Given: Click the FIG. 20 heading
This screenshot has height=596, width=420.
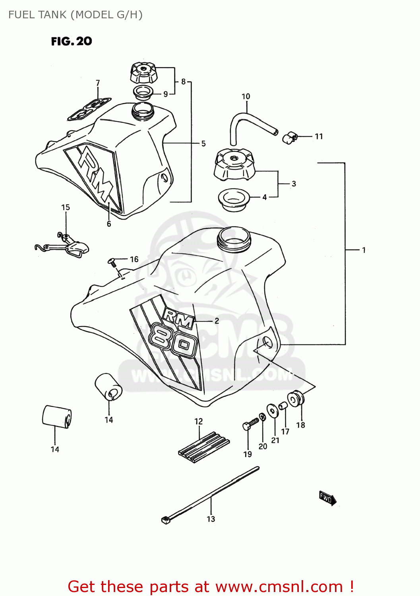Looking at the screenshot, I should coord(72,41).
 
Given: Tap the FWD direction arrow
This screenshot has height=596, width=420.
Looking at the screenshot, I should coord(327,498).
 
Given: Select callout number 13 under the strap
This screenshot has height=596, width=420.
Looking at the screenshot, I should coord(211,519).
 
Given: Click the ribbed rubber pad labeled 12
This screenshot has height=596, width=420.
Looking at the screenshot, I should coord(204,447).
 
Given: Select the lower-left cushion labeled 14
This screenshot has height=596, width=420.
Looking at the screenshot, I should coord(56,416).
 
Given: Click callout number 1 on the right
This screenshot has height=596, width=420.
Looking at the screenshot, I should coord(363,250).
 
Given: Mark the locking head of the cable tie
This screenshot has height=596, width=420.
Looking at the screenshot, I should coord(166,519).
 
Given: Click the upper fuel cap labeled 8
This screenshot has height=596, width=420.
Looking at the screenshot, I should coord(143,73).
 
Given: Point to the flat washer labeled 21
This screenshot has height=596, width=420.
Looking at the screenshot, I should coord(273,410).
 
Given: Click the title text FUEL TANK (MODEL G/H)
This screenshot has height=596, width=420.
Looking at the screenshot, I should coord(75,15).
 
